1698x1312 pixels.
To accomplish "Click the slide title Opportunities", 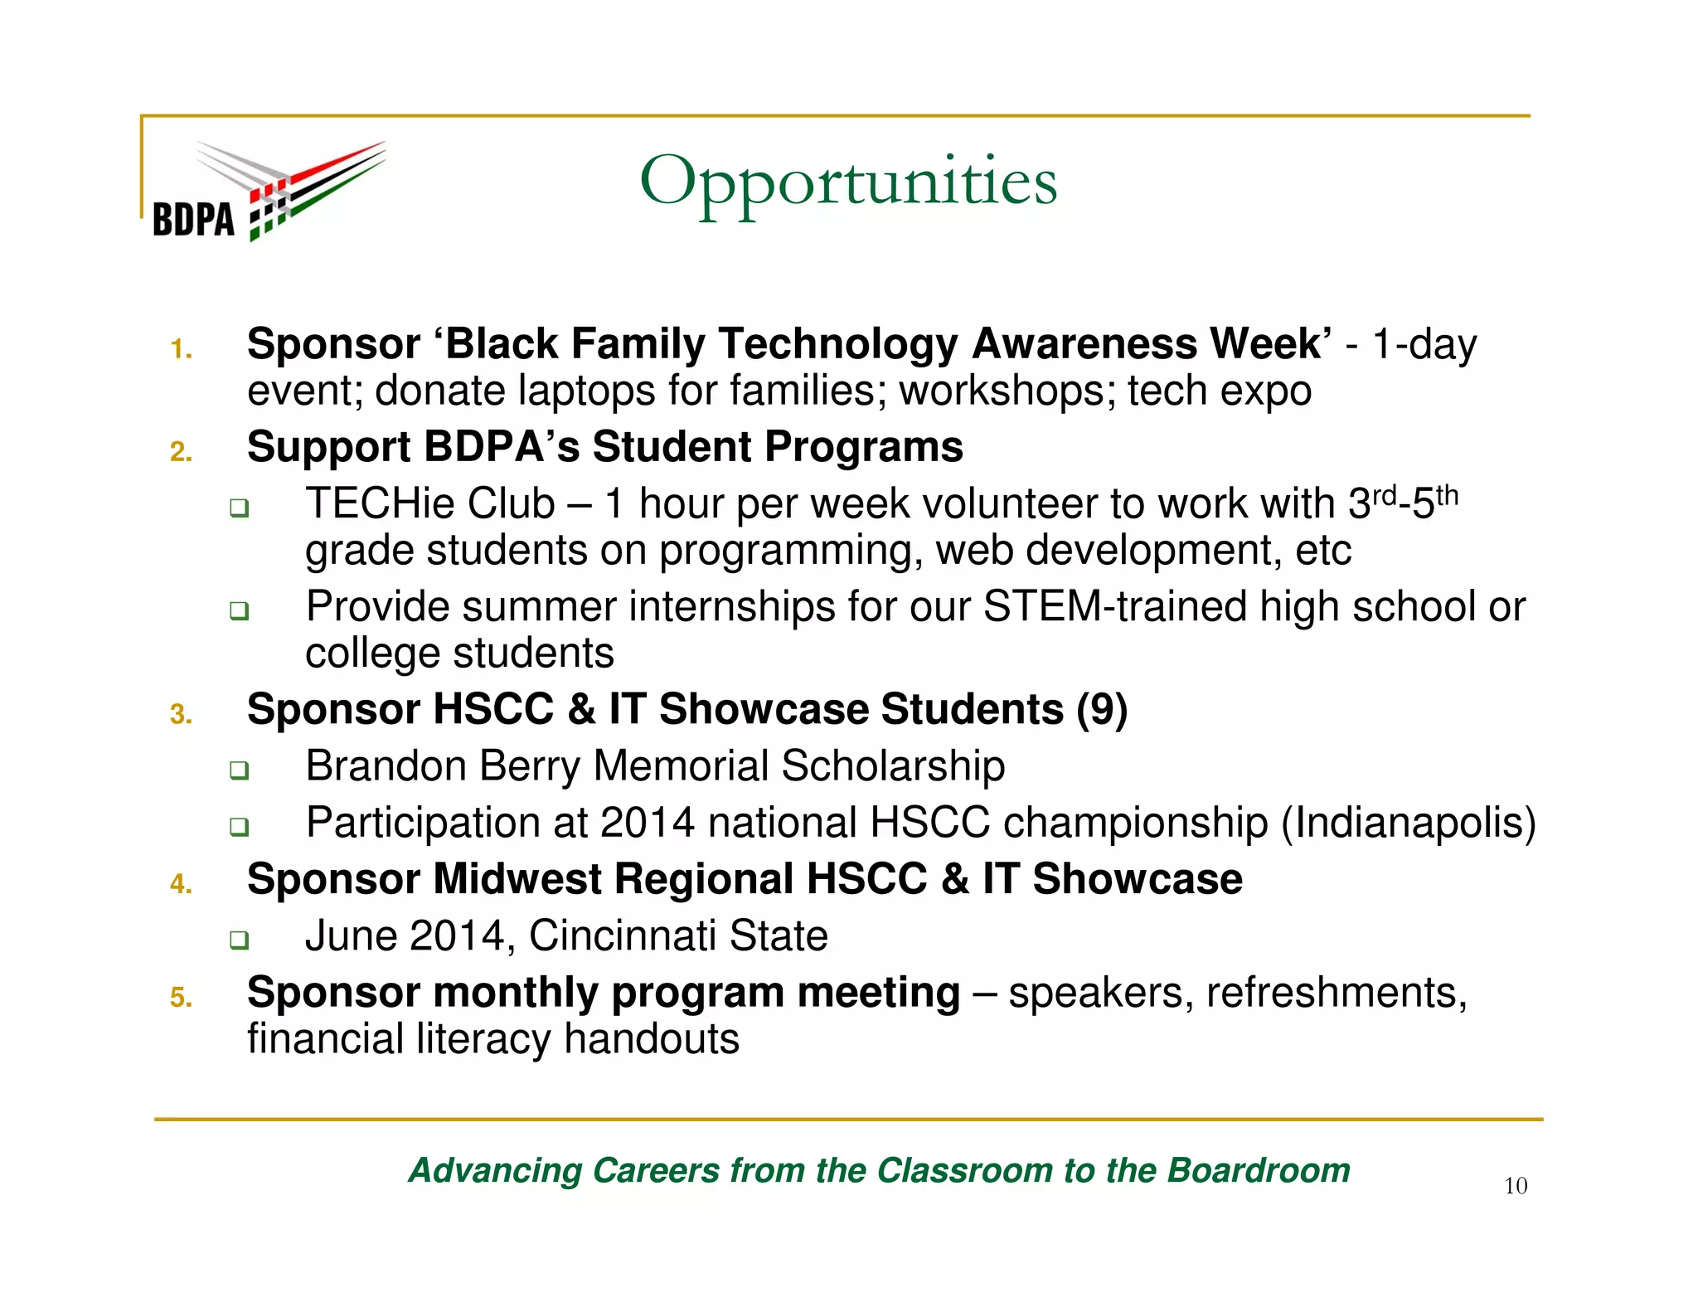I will point(847,182).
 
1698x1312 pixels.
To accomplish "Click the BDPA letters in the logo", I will point(193,221).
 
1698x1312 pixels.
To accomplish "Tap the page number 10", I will point(1515,1186).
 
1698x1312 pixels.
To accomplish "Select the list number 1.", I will point(181,350).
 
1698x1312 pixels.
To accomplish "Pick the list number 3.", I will point(181,714).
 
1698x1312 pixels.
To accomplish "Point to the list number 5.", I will point(181,997).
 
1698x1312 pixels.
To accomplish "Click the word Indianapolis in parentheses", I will point(1409,823).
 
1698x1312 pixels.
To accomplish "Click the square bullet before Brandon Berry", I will point(239,770).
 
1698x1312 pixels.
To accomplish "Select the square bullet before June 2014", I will point(239,940).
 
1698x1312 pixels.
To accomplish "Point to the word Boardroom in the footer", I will point(1259,1170).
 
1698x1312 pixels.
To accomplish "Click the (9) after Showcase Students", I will point(1102,710).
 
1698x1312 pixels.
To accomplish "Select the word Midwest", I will point(517,879).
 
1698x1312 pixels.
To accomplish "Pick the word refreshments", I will point(1336,993).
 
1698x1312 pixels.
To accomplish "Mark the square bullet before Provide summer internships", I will point(239,611).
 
